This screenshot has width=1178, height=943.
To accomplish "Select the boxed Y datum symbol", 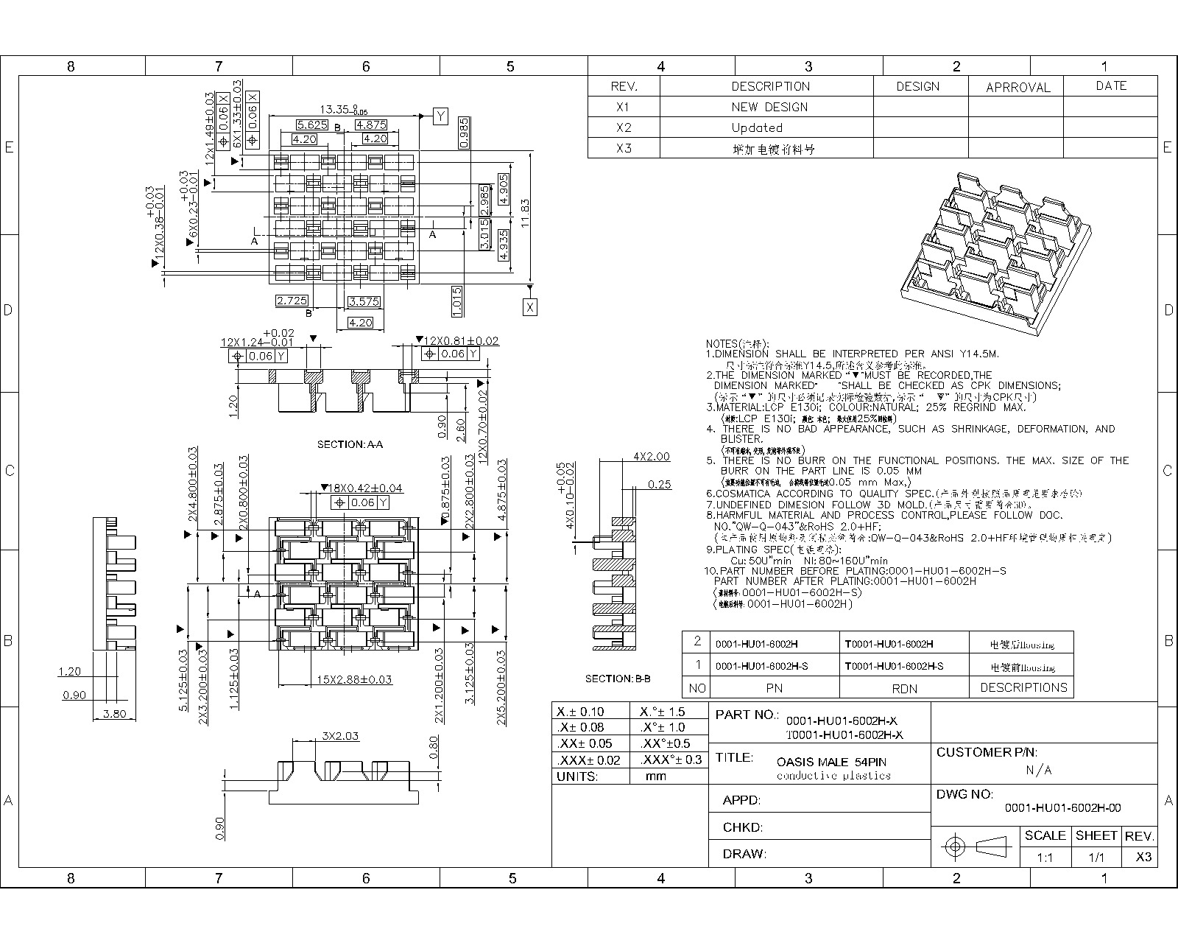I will coord(440,116).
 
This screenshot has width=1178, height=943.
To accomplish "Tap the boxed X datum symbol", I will coord(530,307).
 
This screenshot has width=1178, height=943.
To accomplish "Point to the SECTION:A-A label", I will coord(350,444).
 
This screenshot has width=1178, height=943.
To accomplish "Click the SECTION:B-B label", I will coord(618,679).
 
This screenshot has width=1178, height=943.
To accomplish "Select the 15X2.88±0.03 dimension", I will coord(354,679).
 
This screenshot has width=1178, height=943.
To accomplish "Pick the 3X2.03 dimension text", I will coord(340,735).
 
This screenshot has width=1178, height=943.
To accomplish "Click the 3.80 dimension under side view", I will coord(114,713).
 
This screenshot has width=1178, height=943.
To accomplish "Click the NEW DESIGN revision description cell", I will coord(769,107).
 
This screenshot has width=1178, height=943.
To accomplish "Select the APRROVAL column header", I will coord(1017,87).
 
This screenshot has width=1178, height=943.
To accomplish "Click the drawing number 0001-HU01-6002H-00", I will coord(1062,807).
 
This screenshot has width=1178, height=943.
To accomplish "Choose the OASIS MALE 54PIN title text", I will coord(831,762).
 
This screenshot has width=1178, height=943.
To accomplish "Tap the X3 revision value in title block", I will coord(1143,857).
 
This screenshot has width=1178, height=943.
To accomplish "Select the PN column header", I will coord(774,687).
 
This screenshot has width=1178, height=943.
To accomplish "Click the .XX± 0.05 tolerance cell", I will coord(585,743).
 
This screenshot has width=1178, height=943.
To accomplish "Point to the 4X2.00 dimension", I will coord(652,457).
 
